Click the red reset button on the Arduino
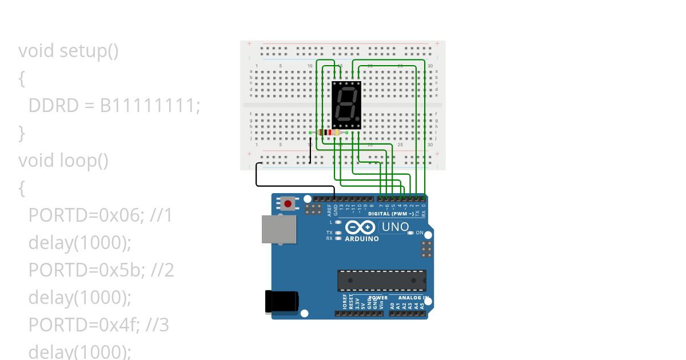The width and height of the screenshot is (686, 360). (x=288, y=203)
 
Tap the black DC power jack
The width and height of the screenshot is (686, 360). (x=281, y=301)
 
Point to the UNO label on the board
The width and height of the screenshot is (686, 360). (x=395, y=227)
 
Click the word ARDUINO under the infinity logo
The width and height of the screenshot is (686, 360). (x=361, y=239)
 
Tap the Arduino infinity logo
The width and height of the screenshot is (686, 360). (x=361, y=227)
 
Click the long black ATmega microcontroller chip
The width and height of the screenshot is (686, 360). (x=381, y=280)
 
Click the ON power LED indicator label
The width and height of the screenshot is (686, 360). (x=419, y=233)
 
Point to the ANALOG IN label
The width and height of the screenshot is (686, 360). (x=414, y=298)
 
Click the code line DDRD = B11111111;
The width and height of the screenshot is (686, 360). (x=114, y=106)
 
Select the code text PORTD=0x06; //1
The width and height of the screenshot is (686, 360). (x=101, y=215)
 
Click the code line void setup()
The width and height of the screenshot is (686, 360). (x=69, y=51)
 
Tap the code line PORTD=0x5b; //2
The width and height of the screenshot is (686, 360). (x=101, y=270)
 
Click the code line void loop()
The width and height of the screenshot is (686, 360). (x=63, y=161)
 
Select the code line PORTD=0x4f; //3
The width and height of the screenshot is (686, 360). (x=99, y=325)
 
